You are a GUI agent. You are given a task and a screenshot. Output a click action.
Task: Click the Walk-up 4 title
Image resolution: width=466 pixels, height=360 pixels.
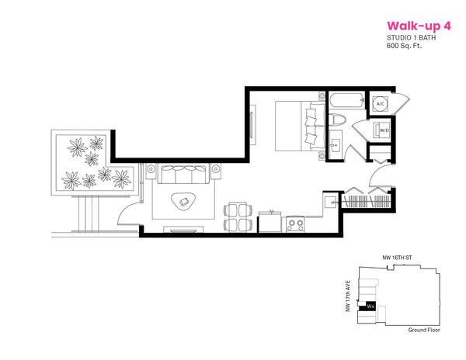click(419, 26)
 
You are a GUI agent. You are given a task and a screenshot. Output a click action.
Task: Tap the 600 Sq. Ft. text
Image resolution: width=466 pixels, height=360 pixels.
click(404, 46)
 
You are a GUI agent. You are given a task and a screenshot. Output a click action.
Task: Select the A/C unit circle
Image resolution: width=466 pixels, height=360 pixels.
click(380, 104)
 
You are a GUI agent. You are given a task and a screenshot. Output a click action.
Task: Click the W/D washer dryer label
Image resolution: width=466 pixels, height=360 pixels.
click(384, 130)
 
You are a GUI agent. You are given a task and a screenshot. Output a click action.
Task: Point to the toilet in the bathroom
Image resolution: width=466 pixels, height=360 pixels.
click(337, 120)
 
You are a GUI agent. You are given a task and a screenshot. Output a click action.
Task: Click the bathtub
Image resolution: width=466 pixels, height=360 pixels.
click(346, 101)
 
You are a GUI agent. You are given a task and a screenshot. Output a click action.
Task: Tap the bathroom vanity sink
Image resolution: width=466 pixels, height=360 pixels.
click(336, 145)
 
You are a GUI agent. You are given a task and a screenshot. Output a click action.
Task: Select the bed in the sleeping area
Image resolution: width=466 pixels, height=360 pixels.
click(300, 126)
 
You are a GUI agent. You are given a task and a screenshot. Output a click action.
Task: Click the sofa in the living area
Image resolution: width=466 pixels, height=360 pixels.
click(183, 175)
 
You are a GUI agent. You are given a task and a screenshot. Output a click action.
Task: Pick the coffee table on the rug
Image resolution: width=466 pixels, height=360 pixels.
click(184, 202)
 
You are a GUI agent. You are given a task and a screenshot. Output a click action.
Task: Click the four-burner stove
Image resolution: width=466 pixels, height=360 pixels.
click(296, 224)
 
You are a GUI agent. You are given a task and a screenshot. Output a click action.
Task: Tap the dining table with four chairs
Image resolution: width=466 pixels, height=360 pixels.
click(238, 217)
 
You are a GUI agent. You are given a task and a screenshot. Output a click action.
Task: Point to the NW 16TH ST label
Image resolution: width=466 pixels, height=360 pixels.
click(397, 258)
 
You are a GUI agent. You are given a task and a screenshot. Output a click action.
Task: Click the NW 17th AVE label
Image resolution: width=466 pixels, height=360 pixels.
click(348, 296)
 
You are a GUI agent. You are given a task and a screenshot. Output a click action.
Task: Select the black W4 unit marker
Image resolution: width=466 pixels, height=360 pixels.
click(367, 306)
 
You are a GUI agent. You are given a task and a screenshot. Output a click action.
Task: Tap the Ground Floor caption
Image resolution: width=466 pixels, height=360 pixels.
click(424, 330)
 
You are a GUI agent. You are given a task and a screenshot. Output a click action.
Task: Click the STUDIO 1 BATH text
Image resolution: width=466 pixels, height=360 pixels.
click(412, 38)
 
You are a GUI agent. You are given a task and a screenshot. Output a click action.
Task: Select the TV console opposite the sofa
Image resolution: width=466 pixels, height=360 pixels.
click(183, 230)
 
